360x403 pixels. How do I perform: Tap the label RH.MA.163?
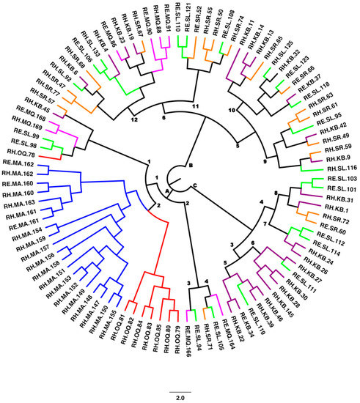(17, 202)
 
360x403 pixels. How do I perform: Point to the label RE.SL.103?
(342, 179)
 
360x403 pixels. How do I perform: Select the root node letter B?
(189, 166)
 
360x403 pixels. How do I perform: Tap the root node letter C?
(194, 183)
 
